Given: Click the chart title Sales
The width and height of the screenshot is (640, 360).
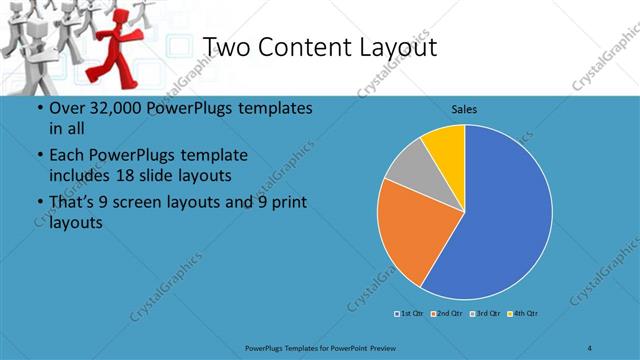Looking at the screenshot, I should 464,108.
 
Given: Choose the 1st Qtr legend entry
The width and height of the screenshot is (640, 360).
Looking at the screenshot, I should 410,314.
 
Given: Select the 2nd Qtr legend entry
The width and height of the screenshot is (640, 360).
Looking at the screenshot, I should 445,314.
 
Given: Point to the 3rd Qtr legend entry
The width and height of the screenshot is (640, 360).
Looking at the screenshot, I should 485,314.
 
